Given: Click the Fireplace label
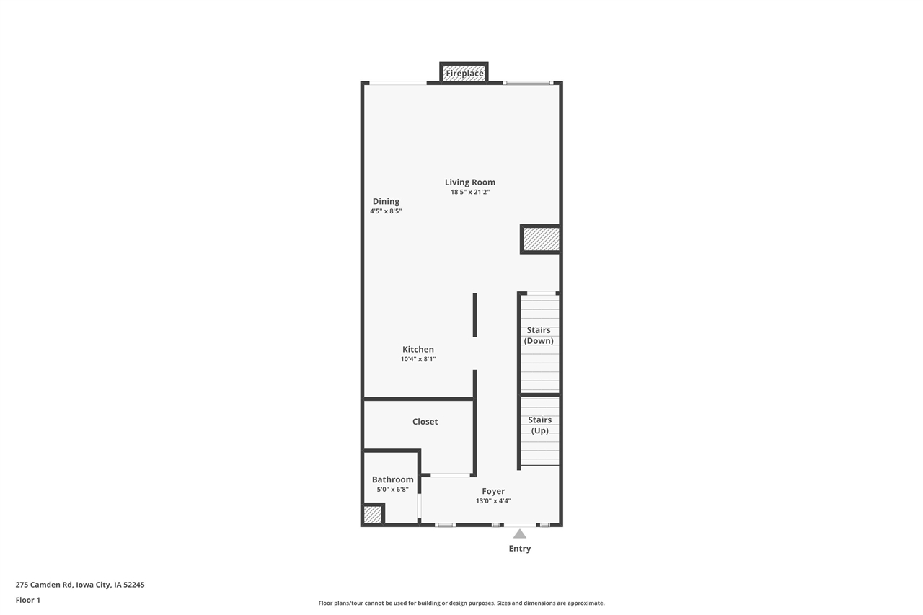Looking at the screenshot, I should coord(464,74).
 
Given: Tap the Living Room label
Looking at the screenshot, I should coord(470,182).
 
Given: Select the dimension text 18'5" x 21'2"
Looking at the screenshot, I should coord(470,193).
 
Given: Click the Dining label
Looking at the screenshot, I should coord(386,202).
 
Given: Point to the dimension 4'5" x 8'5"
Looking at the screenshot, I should coord(386,211).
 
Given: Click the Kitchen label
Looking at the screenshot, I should coord(418,350).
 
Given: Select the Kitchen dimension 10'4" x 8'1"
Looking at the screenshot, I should coord(418,359).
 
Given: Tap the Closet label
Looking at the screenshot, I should coord(425,422).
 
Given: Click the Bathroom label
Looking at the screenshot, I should coord(393,479).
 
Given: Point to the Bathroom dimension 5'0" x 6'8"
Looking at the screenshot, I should coord(393,490).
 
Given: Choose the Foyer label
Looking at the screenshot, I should coord(493,492).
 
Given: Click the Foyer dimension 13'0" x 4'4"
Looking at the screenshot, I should coord(493,501).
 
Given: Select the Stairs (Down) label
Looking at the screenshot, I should coord(539,335).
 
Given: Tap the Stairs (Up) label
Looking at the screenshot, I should coord(539,425).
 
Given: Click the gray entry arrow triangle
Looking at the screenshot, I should coord(519,534).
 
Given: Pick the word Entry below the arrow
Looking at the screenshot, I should coord(519,549).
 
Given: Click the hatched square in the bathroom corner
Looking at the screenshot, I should coord(372,515).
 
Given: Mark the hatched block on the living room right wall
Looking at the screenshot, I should coord(541,239).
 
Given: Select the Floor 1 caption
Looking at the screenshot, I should coord(28,600).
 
